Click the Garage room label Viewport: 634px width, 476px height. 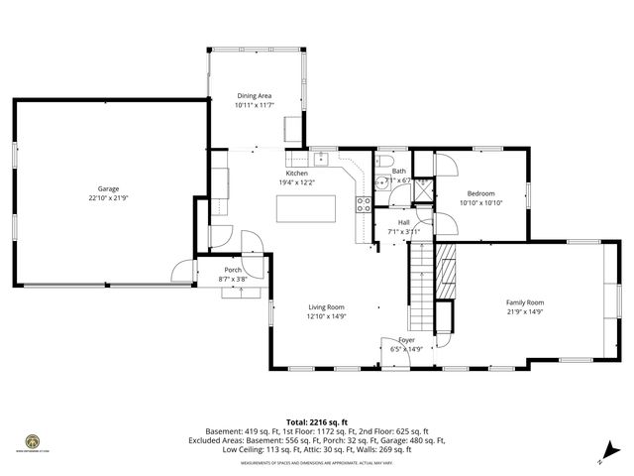108,188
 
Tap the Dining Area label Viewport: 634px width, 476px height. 254,96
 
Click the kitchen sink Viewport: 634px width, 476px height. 321,158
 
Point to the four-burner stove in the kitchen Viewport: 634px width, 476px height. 365,206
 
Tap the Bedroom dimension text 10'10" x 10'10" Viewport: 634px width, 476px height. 480,202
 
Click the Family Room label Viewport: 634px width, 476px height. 524,302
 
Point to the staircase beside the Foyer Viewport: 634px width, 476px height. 421,288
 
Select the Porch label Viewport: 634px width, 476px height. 233,270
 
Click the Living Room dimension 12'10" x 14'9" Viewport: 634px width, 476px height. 325,316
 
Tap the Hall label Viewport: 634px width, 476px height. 404,222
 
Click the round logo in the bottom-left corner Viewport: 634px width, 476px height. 33,441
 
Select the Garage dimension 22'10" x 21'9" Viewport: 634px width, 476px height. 108,197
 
